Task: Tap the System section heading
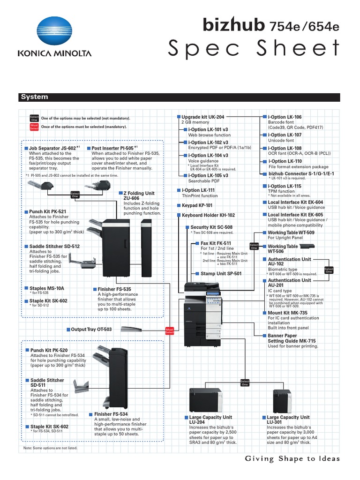click(34, 97)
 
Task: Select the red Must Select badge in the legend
click(34, 127)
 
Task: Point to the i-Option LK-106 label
click(285, 116)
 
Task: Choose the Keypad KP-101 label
click(197, 205)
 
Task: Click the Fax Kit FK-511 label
click(216, 243)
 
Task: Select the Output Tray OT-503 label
click(91, 330)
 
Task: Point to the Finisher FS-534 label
click(111, 414)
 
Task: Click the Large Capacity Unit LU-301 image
click(283, 401)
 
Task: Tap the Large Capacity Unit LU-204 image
click(205, 400)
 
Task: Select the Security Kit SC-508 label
click(211, 227)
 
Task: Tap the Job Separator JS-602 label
click(52, 148)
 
